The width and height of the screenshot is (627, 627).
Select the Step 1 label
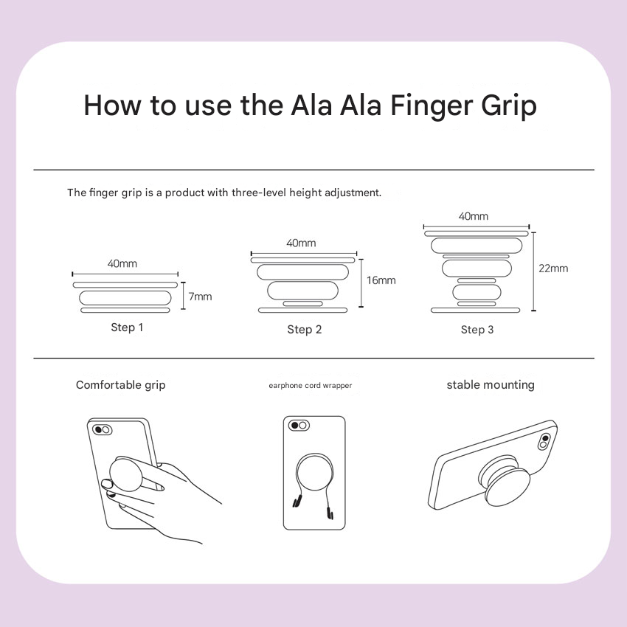pyautogui.click(x=127, y=327)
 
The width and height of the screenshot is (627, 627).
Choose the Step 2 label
pyautogui.click(x=305, y=330)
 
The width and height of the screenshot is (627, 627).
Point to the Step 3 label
pyautogui.click(x=477, y=330)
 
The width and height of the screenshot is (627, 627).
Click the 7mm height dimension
pyautogui.click(x=200, y=297)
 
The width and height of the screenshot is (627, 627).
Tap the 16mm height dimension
pyautogui.click(x=381, y=280)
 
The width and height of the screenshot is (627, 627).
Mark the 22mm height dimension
pyautogui.click(x=553, y=268)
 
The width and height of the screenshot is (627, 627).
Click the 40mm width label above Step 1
pyautogui.click(x=122, y=263)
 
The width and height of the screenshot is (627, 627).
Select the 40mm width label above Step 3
pyautogui.click(x=473, y=216)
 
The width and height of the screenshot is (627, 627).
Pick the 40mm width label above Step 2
pyautogui.click(x=301, y=243)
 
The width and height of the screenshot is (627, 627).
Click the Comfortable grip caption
pyautogui.click(x=120, y=385)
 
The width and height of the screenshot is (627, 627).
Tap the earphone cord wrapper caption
pyautogui.click(x=311, y=386)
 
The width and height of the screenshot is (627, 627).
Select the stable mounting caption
pyautogui.click(x=491, y=384)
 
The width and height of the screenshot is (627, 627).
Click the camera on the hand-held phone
pyautogui.click(x=102, y=430)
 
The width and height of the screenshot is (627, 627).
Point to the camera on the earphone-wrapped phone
pyautogui.click(x=299, y=425)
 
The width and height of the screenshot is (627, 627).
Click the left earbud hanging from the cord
pyautogui.click(x=297, y=501)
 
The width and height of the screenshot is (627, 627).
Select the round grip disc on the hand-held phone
pyautogui.click(x=125, y=474)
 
